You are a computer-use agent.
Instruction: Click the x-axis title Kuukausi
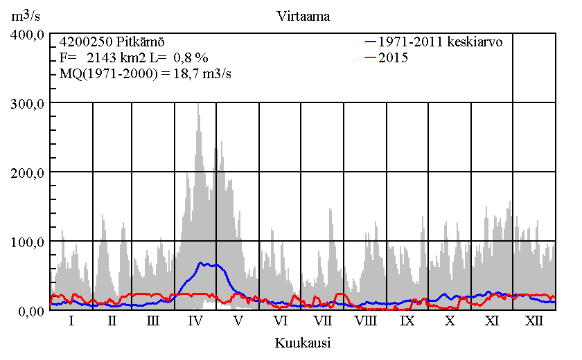[x=302, y=343]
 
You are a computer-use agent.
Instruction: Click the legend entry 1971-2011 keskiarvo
[x=441, y=42]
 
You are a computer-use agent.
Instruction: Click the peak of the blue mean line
[x=202, y=263]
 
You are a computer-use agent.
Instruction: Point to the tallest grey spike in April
[x=198, y=105]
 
